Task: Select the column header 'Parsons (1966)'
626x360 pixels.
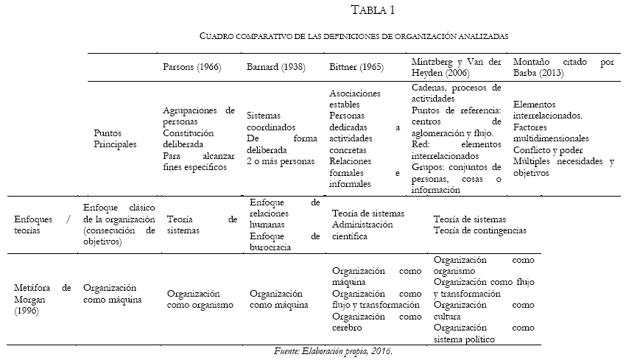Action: point(191,67)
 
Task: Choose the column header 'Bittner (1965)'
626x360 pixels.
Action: point(356,67)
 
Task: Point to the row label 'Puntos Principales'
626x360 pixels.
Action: point(115,138)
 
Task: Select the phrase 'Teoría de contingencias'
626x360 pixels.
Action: point(480,230)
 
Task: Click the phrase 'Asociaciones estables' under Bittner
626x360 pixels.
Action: point(355,99)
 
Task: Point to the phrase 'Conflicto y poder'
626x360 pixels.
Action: point(549,149)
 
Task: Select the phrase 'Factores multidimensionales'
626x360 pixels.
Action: point(550,133)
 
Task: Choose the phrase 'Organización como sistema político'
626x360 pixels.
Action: point(483,333)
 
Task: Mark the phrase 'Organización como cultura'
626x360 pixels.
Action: point(483,310)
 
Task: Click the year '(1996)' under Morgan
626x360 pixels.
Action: point(28,311)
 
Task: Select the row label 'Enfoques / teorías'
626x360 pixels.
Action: point(43,225)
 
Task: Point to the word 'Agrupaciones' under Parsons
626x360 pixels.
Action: point(190,110)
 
